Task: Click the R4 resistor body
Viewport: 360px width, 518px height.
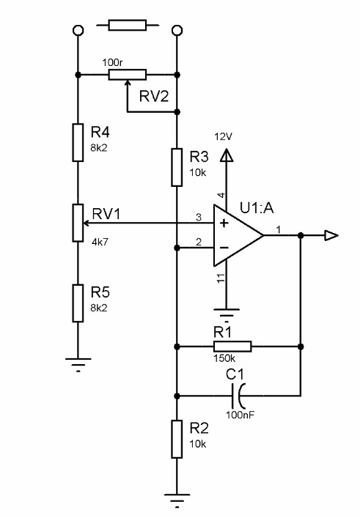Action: point(78,142)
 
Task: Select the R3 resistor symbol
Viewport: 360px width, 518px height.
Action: point(177,167)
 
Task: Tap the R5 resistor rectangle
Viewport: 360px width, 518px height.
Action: point(78,303)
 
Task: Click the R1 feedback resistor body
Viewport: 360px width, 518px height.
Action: point(232,347)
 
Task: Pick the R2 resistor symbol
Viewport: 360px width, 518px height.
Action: point(177,439)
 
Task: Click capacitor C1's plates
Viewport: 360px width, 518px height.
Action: point(238,396)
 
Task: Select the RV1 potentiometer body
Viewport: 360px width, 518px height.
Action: point(78,223)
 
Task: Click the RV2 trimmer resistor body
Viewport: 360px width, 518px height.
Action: point(128,75)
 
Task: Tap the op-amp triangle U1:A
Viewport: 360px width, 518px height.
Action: point(238,235)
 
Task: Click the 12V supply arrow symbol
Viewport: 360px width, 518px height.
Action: point(227,155)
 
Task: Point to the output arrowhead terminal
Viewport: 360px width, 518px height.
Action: point(331,235)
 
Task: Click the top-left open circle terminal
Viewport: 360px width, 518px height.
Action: point(78,30)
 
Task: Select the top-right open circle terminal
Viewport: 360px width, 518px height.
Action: point(177,30)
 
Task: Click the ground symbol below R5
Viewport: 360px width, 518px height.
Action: point(78,364)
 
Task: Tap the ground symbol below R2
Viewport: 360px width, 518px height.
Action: point(177,500)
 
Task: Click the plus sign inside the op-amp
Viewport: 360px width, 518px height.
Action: point(224,223)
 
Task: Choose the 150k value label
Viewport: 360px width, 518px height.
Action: point(224,358)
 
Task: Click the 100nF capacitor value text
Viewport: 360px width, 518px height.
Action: point(240,415)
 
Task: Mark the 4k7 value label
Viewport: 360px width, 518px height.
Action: point(100,243)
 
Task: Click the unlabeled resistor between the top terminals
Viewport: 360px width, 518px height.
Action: point(128,25)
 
